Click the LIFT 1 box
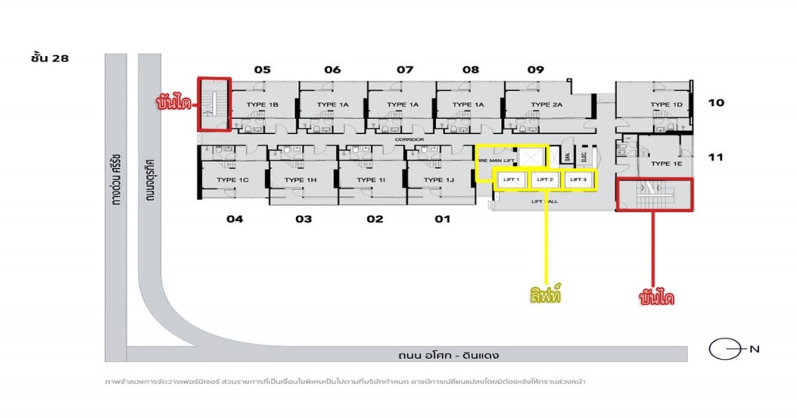point(511,180)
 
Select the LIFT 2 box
point(545,180)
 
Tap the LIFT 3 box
point(578,180)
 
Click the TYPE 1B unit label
point(262,104)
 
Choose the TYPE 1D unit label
point(666,104)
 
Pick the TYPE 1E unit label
point(666,163)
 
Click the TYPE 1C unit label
point(232,180)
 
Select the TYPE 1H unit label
point(300,180)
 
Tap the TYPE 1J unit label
point(439,180)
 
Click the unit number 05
point(262,70)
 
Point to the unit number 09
point(535,70)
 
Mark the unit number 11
point(716,157)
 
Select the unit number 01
point(442,219)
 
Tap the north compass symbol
point(723,349)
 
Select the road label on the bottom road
point(446,356)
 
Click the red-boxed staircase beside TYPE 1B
point(214,103)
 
